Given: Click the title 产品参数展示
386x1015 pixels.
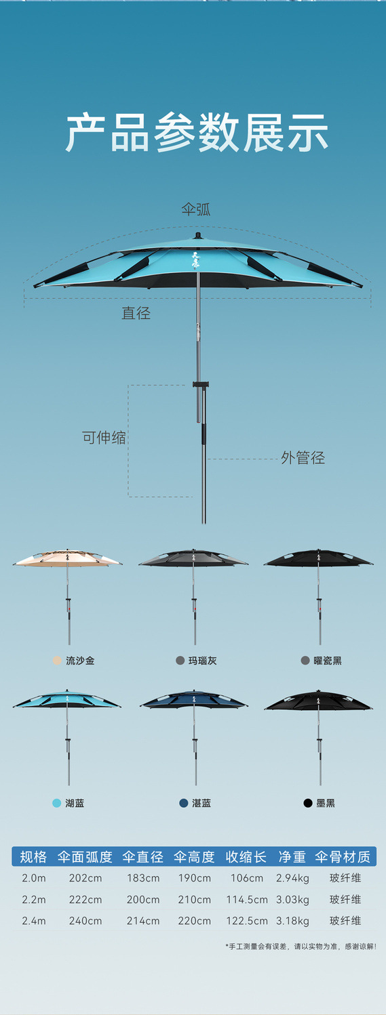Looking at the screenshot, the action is pyautogui.click(x=197, y=132).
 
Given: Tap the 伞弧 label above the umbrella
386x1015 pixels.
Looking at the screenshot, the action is pyautogui.click(x=196, y=209).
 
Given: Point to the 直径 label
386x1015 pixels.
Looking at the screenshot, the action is pyautogui.click(x=136, y=313).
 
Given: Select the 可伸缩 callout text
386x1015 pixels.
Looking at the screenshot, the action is pyautogui.click(x=104, y=438).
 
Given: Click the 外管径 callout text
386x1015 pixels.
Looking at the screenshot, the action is pyautogui.click(x=303, y=457).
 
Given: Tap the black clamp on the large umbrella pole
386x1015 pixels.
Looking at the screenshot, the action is pyautogui.click(x=201, y=385).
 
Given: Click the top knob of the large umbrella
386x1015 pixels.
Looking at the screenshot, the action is pyautogui.click(x=197, y=236).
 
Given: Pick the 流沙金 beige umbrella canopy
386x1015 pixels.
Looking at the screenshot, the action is pyautogui.click(x=68, y=558).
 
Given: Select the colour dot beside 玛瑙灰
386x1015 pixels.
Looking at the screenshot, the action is pyautogui.click(x=180, y=661).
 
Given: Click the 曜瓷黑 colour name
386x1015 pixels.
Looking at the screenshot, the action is pyautogui.click(x=328, y=661).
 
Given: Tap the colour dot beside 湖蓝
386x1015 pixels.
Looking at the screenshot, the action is pyautogui.click(x=57, y=804).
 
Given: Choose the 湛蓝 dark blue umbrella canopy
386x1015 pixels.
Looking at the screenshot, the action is pyautogui.click(x=194, y=700).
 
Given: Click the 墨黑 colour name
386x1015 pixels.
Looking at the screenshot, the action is pyautogui.click(x=325, y=804).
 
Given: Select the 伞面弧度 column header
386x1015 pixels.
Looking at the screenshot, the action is pyautogui.click(x=85, y=857).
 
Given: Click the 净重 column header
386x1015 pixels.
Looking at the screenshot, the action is pyautogui.click(x=292, y=857).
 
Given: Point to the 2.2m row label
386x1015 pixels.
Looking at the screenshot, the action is pyautogui.click(x=33, y=899).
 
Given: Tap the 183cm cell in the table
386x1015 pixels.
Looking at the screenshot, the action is pyautogui.click(x=143, y=878).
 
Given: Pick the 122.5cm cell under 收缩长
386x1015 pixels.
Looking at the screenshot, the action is pyautogui.click(x=247, y=921).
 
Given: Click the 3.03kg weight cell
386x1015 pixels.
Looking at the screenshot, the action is pyautogui.click(x=292, y=899).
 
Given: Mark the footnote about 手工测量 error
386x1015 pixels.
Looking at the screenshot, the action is pyautogui.click(x=301, y=946).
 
